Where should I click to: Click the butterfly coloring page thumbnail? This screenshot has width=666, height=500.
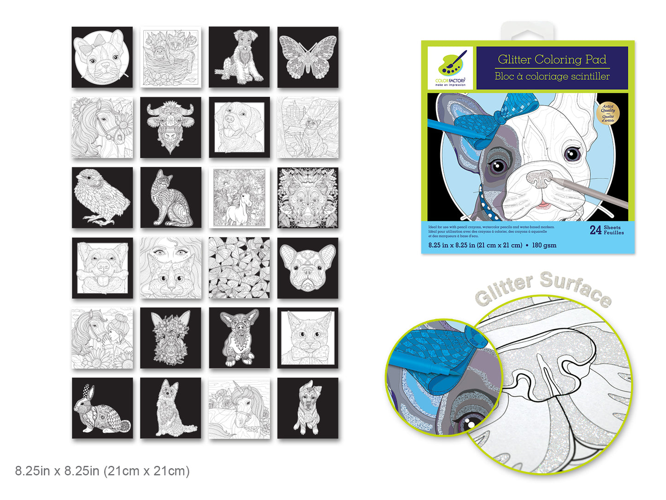coord(307,57)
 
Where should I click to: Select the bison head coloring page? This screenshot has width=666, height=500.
coord(171,127)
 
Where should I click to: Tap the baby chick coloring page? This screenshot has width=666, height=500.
coord(102,198)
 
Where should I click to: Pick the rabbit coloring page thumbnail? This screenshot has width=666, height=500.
coord(102,408)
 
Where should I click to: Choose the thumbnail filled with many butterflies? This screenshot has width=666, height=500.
coord(239,268)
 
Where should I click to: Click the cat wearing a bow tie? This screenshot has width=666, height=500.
coord(307,338)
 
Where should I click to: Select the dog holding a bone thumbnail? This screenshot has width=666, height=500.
coord(102,268)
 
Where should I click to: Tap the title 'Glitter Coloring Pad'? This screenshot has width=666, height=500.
coord(552,60)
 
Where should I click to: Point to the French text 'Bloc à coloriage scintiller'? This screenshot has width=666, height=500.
coord(552,77)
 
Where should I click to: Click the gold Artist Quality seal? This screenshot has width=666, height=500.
coord(608,113)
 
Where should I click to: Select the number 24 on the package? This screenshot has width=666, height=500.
coord(595,230)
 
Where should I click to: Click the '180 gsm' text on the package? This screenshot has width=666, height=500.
coord(544,245)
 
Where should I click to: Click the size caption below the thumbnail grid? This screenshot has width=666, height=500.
coord(102,471)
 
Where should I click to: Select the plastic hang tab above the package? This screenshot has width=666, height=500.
coord(528,31)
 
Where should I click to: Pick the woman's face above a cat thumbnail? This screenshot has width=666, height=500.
coord(171,268)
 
